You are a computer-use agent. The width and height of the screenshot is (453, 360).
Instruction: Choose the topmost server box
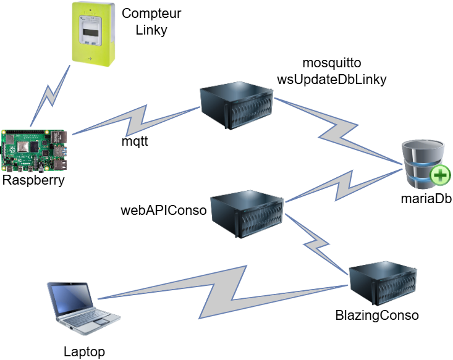point(237,106)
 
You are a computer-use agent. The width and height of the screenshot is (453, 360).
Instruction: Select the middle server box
point(247,214)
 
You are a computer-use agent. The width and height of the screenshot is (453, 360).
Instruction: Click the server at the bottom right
point(383,283)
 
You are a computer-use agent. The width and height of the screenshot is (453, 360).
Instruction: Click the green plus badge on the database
point(440,177)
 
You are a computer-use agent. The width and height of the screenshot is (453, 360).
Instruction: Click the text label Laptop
point(84,351)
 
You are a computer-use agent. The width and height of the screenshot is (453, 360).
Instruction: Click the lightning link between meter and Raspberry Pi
point(50,96)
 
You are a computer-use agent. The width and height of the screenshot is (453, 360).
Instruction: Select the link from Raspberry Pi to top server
point(137,120)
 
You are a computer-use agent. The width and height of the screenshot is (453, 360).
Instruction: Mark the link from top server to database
point(337,132)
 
